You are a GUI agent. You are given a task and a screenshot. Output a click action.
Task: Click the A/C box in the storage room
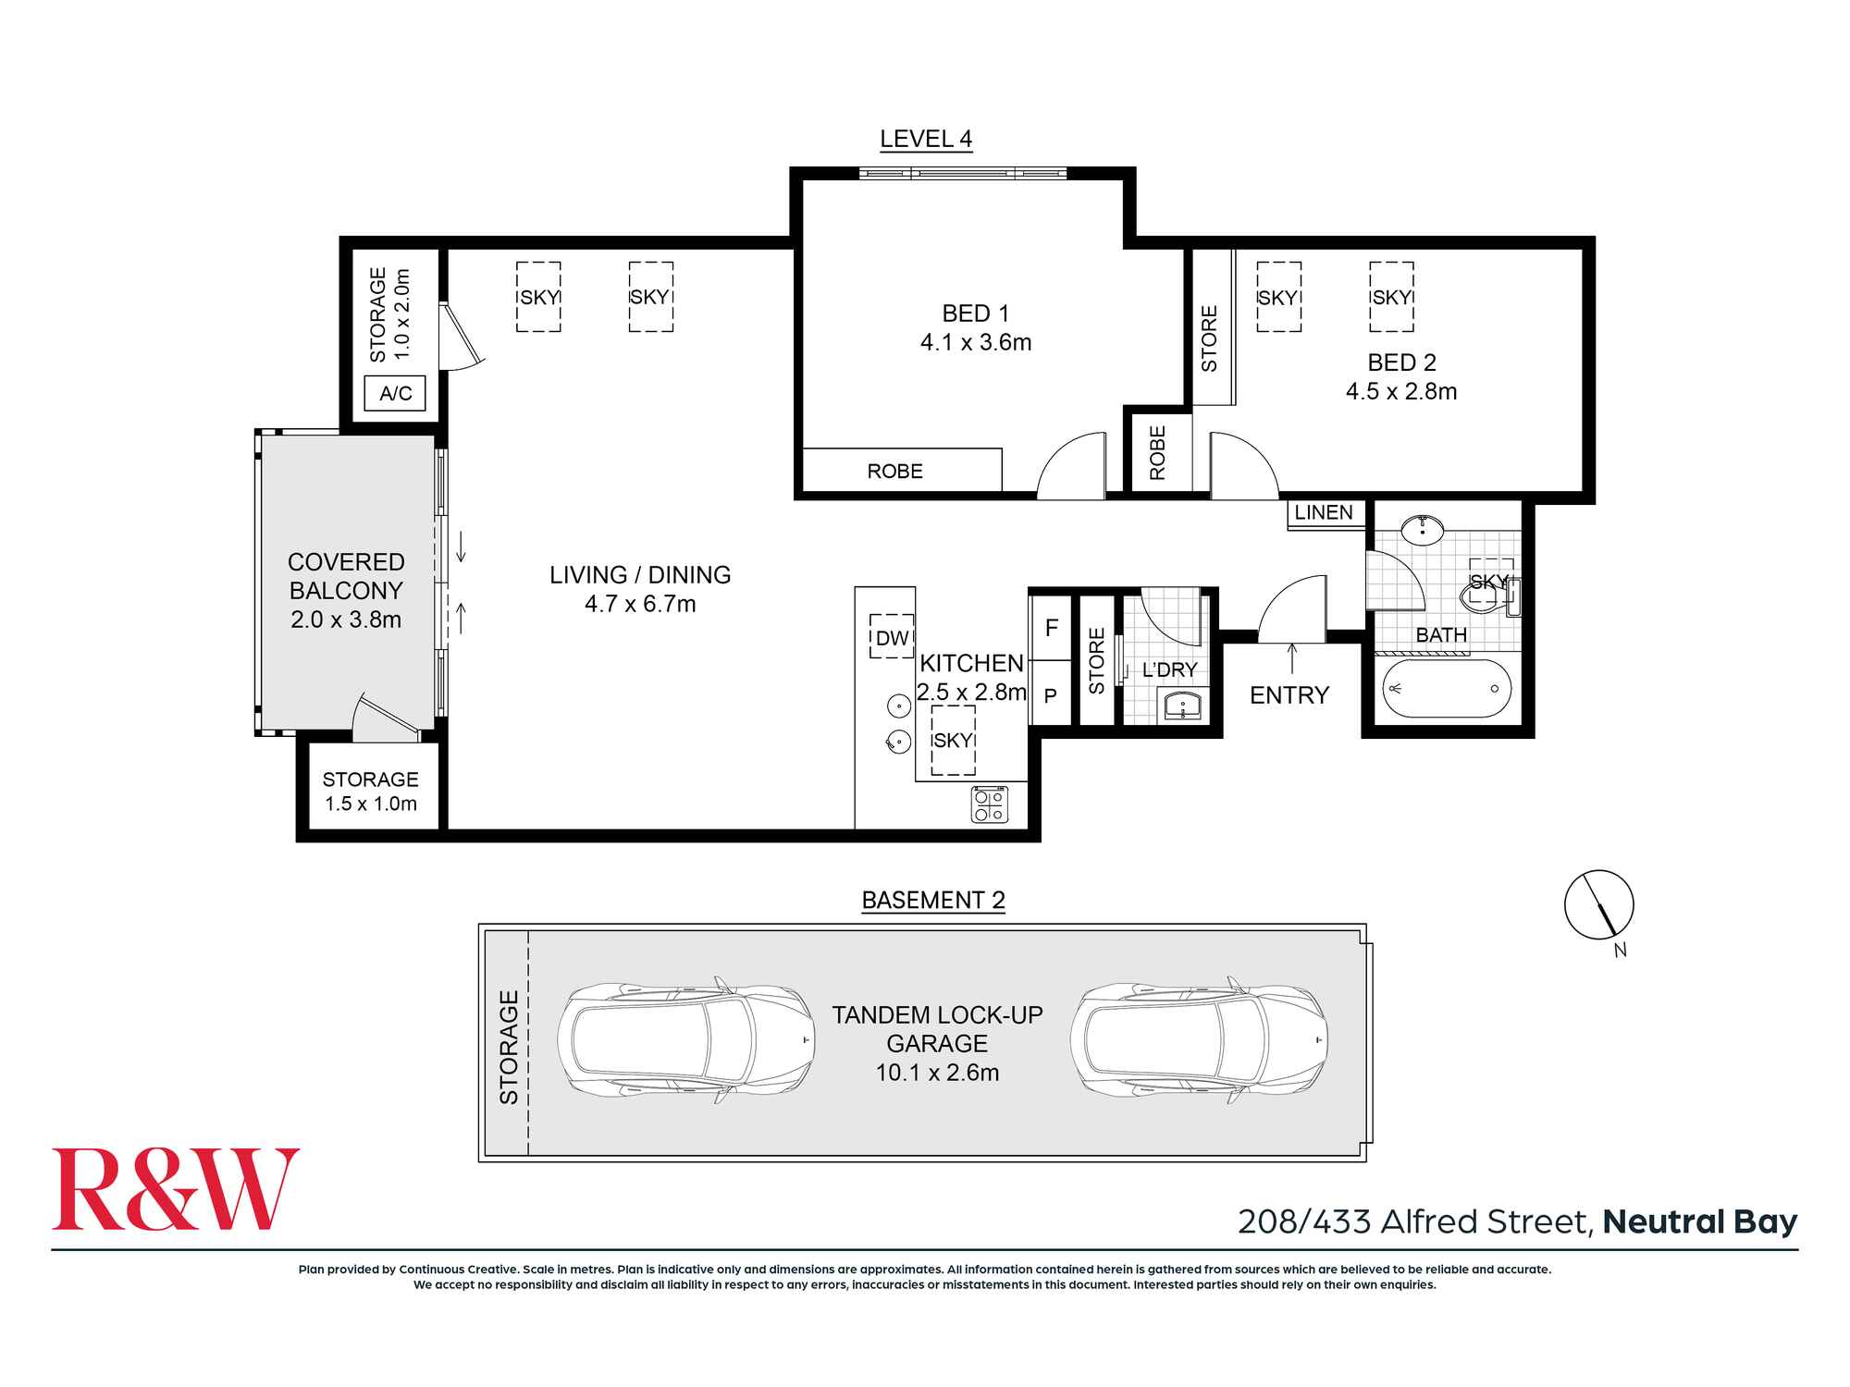396,394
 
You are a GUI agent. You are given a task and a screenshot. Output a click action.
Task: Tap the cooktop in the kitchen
989,804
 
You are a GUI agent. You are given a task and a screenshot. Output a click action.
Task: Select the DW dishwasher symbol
892,636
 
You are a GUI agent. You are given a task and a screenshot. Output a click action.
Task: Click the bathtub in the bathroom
1447,690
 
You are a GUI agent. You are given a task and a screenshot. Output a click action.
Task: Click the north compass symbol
1598,905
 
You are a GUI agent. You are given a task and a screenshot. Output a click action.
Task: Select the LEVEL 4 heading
926,140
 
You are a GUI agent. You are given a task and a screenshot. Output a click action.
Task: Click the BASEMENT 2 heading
933,901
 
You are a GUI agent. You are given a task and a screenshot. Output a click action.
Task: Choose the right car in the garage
1199,1040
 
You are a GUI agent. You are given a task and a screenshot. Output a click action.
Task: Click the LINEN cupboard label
1324,513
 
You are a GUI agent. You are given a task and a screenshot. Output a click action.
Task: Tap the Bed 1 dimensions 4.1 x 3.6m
976,343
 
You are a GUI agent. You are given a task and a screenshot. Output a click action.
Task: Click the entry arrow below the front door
1292,658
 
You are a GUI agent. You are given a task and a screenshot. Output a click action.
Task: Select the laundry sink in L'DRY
1183,706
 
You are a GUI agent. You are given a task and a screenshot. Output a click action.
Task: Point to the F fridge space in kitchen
1052,629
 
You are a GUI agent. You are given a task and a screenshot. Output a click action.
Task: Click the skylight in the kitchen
953,740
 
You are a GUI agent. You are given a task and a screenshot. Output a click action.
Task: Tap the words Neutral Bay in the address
1700,1222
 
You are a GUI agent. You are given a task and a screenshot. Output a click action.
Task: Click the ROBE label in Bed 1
894,472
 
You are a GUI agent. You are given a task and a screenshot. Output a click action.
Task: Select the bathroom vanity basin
1422,530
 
